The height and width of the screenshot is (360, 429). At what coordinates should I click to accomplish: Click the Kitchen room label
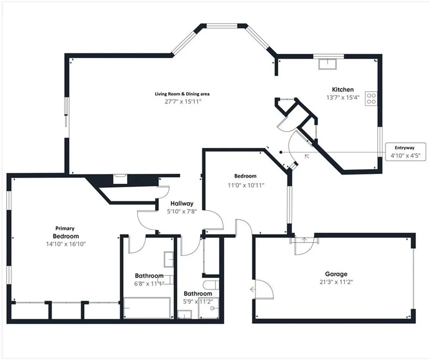point(343,89)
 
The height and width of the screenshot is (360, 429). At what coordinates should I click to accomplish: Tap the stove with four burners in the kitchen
point(371,98)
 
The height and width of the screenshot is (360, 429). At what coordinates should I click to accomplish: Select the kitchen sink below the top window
point(328,64)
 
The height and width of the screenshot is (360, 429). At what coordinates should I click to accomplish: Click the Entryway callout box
point(405,151)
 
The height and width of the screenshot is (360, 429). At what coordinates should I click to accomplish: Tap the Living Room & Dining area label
point(182,94)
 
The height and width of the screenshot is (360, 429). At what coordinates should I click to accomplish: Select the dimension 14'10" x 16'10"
point(66,244)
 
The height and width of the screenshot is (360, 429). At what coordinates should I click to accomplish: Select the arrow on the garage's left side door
point(253,289)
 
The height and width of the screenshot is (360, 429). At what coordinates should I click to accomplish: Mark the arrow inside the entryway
point(307,156)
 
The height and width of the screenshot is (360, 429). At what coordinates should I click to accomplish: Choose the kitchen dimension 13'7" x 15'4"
point(343,97)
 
